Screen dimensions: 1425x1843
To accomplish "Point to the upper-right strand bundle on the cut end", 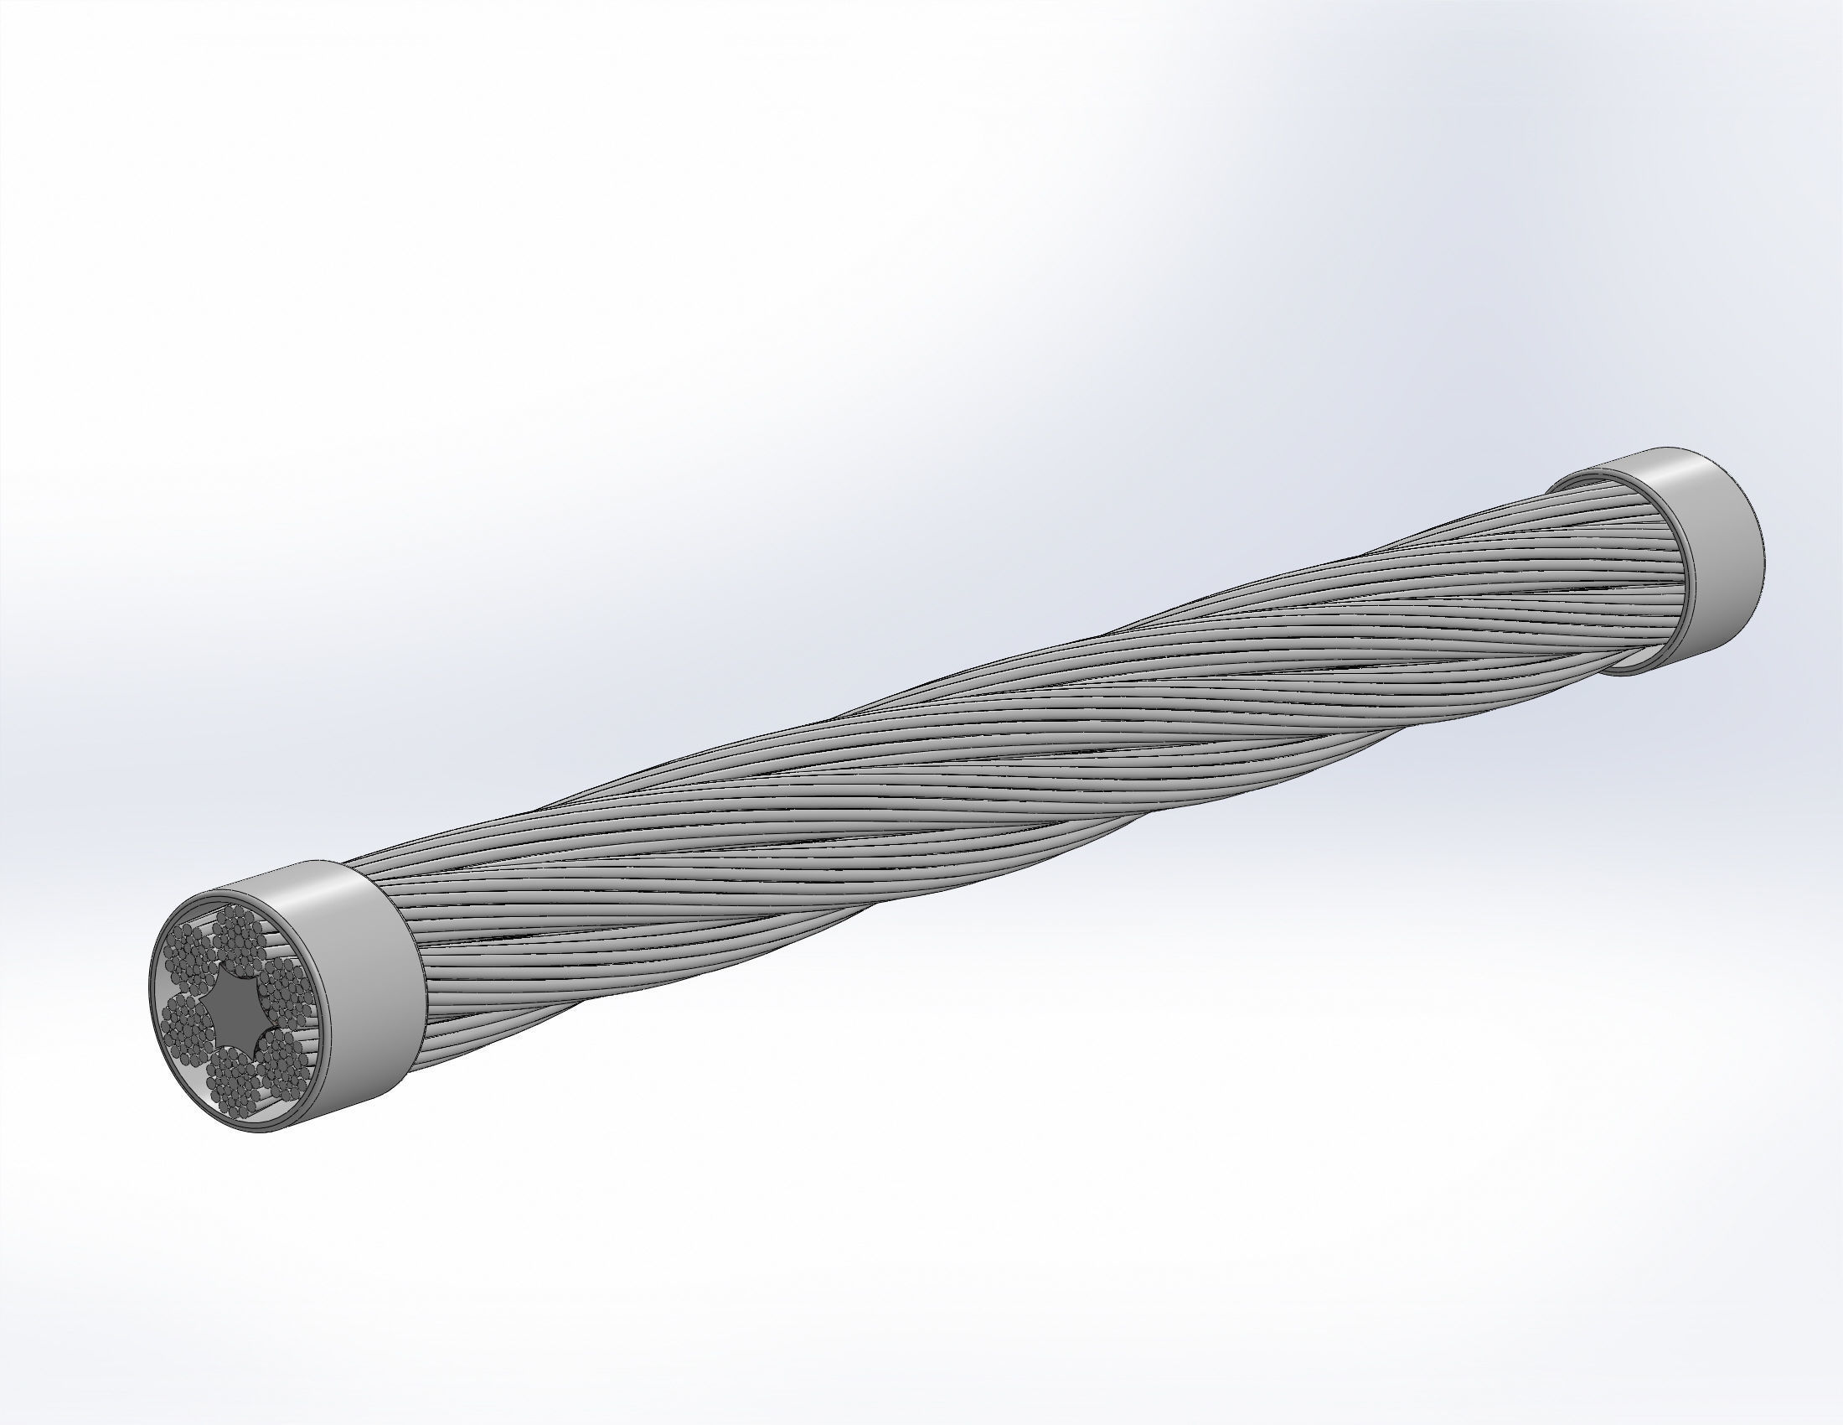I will point(282,987).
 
